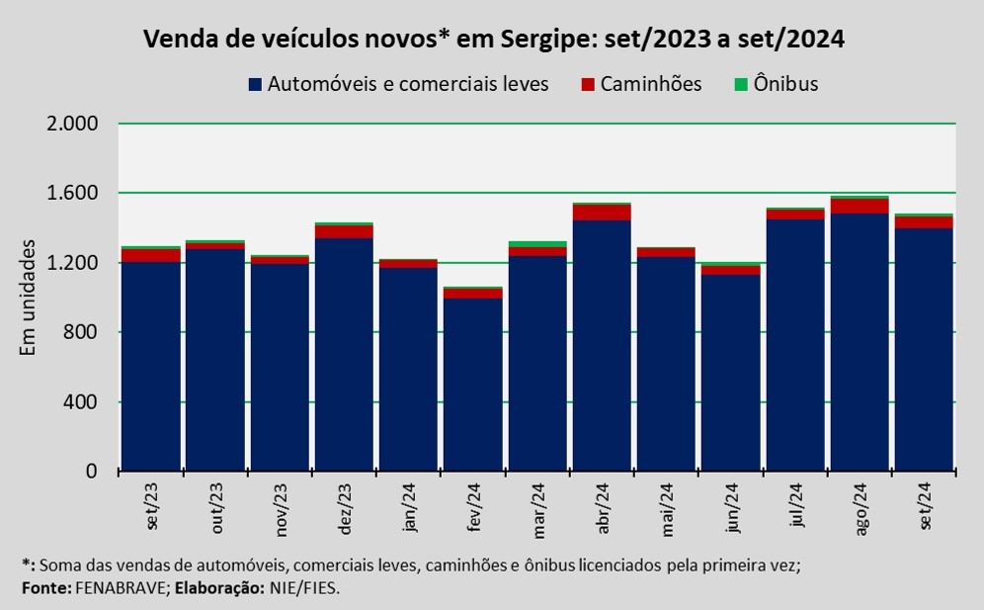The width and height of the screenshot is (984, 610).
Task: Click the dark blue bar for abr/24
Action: click(x=602, y=346)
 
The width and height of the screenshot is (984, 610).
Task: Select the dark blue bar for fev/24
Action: click(x=472, y=385)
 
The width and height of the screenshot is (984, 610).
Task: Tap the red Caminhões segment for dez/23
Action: click(x=344, y=231)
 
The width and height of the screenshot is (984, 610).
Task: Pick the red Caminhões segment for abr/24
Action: click(x=602, y=213)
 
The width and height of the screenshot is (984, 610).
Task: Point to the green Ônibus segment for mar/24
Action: click(x=537, y=243)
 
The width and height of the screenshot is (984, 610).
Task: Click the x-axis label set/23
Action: click(x=152, y=506)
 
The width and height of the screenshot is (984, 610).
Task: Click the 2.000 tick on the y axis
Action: click(x=74, y=124)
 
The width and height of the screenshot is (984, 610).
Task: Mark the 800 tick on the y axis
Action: click(x=86, y=332)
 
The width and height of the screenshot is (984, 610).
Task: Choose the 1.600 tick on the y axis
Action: click(x=74, y=193)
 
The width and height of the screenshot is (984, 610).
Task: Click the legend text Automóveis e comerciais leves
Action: click(x=408, y=84)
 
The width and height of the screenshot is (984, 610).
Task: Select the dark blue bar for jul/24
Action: click(x=795, y=346)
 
